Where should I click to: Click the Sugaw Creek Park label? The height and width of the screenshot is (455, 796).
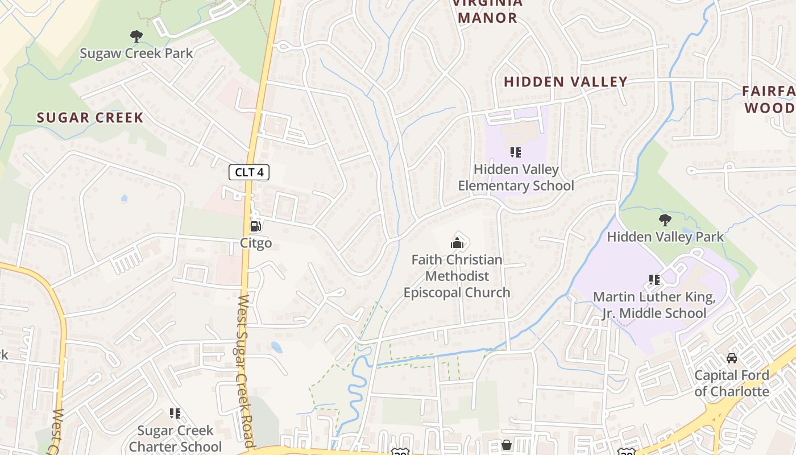click(x=136, y=53)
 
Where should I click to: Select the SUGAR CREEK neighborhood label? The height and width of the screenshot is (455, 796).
click(x=90, y=118)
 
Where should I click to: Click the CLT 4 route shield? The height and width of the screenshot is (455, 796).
click(x=248, y=172)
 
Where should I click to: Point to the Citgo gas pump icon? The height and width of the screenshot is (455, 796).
click(x=256, y=226)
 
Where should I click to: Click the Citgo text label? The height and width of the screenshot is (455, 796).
click(x=256, y=243)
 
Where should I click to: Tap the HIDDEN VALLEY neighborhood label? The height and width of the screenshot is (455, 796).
click(x=565, y=82)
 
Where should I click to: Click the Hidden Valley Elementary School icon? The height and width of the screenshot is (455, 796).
click(x=516, y=152)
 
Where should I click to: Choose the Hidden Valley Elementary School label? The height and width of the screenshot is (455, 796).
click(x=516, y=177)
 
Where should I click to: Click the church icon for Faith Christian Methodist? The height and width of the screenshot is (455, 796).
click(x=457, y=243)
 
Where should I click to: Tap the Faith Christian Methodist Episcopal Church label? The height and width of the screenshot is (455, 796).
click(x=457, y=276)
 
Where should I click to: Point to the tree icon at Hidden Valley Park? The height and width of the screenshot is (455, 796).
click(x=665, y=220)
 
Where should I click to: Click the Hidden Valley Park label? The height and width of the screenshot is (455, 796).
click(x=665, y=237)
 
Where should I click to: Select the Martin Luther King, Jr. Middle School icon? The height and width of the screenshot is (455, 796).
click(x=654, y=280)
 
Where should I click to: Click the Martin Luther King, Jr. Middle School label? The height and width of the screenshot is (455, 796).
click(x=654, y=305)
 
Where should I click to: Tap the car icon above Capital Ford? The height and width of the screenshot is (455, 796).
click(x=732, y=358)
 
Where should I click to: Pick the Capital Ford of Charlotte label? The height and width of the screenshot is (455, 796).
click(x=732, y=383)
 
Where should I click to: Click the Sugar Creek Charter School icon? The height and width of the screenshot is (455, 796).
click(x=175, y=413)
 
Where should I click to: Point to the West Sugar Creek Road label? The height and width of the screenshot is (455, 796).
click(x=245, y=370)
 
